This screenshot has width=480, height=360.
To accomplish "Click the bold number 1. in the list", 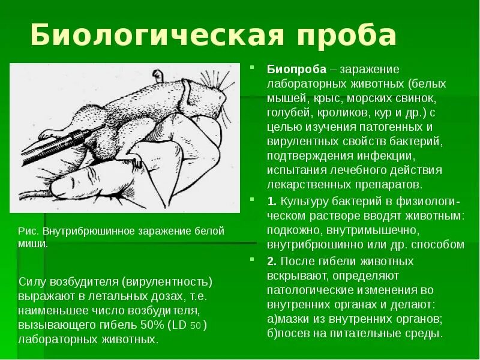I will tap(271, 201).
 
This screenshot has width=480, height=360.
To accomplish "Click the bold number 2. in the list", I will tap(272, 262).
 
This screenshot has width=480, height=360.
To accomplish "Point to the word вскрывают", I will tap(293, 276).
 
